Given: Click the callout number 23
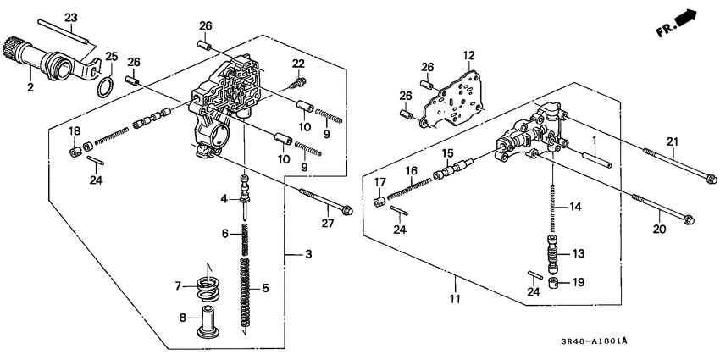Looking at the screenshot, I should pos(71,18).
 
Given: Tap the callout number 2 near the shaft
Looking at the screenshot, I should pos(30,86).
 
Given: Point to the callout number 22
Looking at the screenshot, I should pos(297,64).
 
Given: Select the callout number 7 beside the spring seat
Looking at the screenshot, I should pos(179,286).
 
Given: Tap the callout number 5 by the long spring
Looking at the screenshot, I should pos(265,289).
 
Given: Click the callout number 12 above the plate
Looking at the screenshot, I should pos(467,55).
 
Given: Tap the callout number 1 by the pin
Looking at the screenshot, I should pos(595,140).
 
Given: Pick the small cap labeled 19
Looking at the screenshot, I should pos(553,283).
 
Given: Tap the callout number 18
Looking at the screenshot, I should pos(75,130).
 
